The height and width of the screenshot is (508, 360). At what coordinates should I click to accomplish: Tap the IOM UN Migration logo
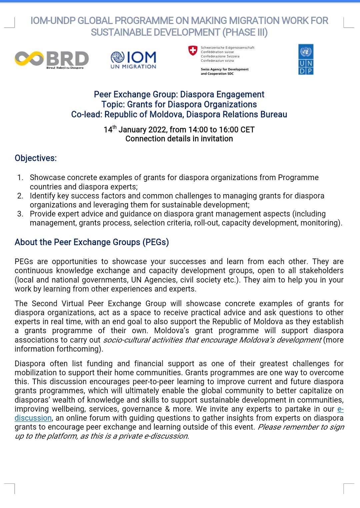(133, 60)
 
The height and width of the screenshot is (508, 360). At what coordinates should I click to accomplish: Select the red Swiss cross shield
(193, 50)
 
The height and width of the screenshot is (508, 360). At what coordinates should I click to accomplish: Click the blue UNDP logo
(306, 59)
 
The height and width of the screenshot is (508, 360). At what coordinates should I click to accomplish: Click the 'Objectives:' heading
(36, 158)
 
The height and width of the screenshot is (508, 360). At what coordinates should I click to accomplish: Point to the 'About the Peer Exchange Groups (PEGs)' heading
(92, 242)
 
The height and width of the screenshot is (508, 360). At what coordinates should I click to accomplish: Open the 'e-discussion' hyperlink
(33, 418)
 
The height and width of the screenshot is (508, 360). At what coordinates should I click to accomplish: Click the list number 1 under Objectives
(20, 177)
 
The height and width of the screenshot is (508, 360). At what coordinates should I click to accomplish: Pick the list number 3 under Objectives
(20, 214)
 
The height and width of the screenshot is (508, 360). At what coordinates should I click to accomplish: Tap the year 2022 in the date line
(157, 130)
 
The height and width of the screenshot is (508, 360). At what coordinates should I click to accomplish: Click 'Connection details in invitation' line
(179, 139)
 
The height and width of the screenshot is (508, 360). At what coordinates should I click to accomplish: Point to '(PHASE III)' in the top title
(245, 32)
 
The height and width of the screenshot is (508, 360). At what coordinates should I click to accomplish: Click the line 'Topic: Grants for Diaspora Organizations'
(179, 104)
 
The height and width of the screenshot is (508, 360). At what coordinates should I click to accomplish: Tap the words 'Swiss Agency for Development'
(225, 69)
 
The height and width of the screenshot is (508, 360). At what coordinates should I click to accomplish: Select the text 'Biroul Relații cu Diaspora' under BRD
(65, 68)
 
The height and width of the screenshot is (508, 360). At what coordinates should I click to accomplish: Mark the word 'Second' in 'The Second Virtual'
(45, 304)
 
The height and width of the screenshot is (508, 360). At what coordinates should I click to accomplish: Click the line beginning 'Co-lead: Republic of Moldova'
(179, 114)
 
